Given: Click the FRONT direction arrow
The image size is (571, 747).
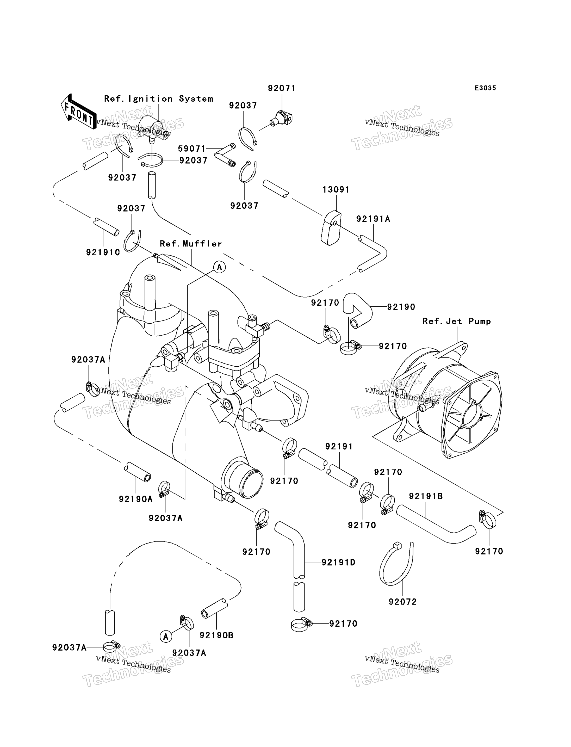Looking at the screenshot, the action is pyautogui.click(x=78, y=111).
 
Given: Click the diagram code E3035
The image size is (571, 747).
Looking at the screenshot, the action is pyautogui.click(x=485, y=88).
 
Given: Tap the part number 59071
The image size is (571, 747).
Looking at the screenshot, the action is pyautogui.click(x=192, y=149).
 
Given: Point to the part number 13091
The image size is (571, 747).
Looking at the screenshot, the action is pyautogui.click(x=336, y=189).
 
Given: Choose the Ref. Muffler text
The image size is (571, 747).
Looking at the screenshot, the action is pyautogui.click(x=191, y=244).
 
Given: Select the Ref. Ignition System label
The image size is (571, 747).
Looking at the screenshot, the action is pyautogui.click(x=158, y=99).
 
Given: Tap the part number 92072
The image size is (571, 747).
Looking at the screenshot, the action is pyautogui.click(x=402, y=602).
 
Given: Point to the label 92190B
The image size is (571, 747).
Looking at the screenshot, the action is pyautogui.click(x=216, y=635).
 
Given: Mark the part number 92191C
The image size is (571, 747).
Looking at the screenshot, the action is pyautogui.click(x=103, y=252).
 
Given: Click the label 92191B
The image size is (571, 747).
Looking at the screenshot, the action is pyautogui.click(x=426, y=496).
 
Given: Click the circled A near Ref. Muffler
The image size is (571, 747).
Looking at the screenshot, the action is pyautogui.click(x=220, y=267).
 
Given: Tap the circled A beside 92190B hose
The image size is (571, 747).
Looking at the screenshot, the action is pyautogui.click(x=165, y=637).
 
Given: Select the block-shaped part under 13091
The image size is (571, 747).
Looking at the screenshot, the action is pyautogui.click(x=331, y=228).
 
